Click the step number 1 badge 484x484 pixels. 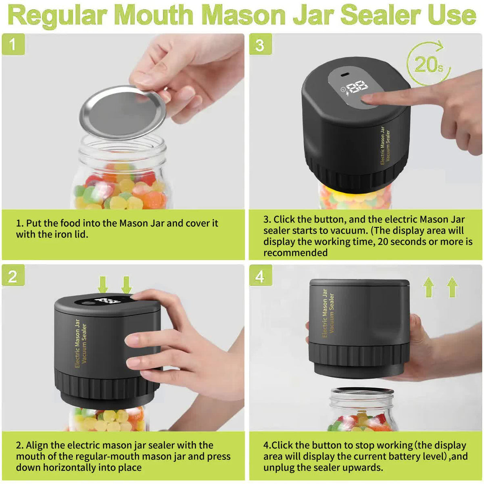[x=13, y=44]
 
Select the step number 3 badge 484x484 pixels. [x=260, y=44]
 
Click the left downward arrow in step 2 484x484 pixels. [x=103, y=284]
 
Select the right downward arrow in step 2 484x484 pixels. [x=127, y=284]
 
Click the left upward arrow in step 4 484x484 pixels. [x=429, y=287]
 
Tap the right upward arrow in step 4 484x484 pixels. [x=453, y=287]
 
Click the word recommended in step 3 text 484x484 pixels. [x=295, y=253]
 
